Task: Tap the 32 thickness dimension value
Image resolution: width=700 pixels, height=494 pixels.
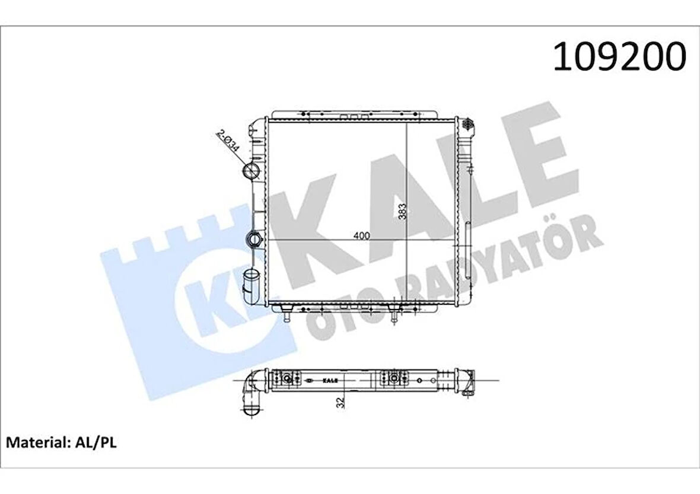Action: pos(340,402)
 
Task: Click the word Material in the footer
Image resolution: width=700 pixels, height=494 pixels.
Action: pos(36,442)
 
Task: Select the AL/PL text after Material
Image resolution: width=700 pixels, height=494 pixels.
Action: pos(96,442)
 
